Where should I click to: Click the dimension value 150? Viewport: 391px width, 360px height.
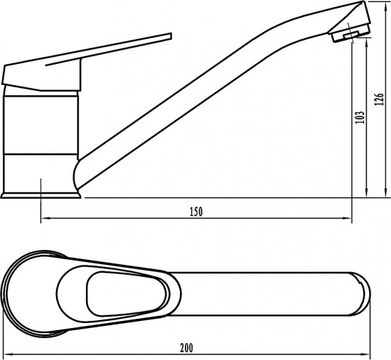tap(196, 212)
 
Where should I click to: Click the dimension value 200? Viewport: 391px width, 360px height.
tap(186, 348)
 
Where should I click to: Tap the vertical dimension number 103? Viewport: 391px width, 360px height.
tap(359, 117)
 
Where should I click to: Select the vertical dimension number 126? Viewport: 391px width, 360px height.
tap(379, 99)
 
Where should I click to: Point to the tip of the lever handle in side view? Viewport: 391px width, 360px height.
tap(171, 36)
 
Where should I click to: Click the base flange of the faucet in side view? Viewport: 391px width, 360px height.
tap(41, 195)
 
